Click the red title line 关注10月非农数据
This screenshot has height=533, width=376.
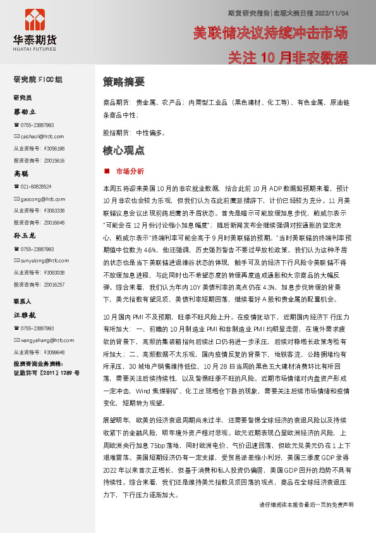pos(288,58)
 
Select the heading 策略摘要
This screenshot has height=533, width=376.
pos(123,82)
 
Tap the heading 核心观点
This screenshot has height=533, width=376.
pos(123,151)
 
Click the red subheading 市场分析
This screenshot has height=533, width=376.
pos(130,171)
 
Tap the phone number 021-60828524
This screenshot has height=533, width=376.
pos(36,186)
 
